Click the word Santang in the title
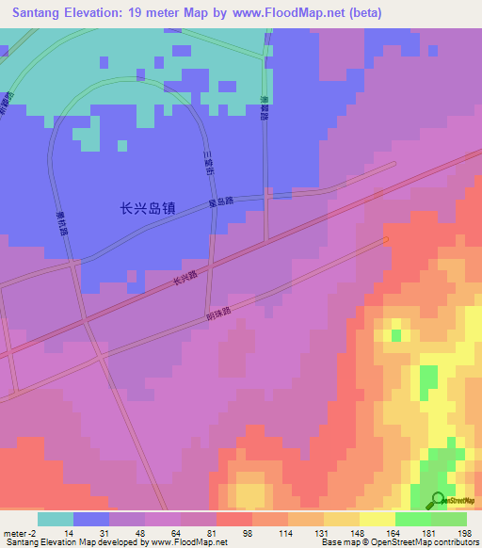[x=43, y=13]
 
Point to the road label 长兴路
[x=185, y=280]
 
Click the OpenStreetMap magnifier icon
[x=439, y=500]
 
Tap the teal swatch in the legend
[x=56, y=519]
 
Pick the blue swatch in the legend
[x=91, y=519]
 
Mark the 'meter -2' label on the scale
[x=20, y=534]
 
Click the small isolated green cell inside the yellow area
[x=396, y=334]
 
